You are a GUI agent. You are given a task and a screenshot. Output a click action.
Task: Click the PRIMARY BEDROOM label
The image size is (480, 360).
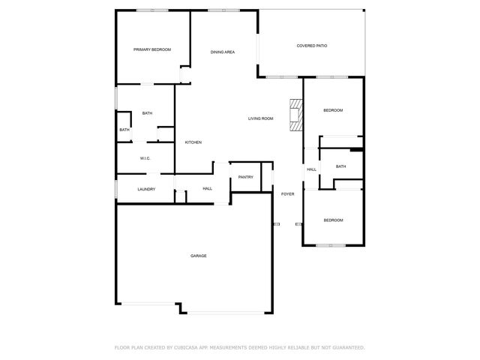(152, 49)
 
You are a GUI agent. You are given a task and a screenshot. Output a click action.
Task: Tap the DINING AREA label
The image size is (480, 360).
(223, 52)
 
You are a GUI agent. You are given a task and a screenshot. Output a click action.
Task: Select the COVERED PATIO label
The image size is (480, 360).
(311, 46)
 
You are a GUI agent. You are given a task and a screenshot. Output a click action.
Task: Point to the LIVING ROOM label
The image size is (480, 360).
(261, 118)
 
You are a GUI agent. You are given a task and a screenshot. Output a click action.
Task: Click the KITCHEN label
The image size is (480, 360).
(193, 142)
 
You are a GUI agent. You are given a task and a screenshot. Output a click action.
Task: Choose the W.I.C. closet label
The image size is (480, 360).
(145, 158)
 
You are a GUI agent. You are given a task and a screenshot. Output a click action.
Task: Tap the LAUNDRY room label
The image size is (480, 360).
(146, 189)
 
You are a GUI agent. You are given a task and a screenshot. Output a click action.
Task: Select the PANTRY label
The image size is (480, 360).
(245, 177)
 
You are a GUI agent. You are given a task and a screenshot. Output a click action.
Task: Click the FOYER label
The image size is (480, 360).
(287, 194)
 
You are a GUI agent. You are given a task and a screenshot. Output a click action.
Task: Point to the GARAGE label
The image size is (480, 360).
(198, 256)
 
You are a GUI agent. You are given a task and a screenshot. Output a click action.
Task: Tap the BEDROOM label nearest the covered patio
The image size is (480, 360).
(333, 110)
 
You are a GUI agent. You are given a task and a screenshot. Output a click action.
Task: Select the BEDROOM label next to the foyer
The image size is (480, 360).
(333, 220)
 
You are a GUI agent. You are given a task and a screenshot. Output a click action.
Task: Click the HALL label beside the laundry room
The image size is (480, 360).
(208, 188)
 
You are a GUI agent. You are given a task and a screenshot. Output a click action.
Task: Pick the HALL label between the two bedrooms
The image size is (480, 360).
(311, 169)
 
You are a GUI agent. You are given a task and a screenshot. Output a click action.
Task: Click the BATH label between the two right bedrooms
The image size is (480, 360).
(340, 166)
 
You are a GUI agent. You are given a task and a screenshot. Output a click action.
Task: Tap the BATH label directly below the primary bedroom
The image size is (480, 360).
(147, 113)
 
